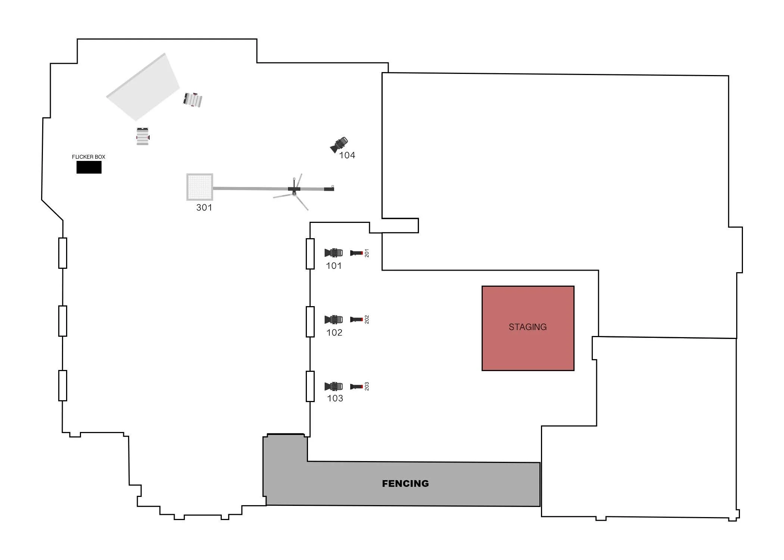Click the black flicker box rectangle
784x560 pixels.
click(x=89, y=167)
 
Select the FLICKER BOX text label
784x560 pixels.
click(x=88, y=157)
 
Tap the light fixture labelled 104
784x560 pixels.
click(x=339, y=144)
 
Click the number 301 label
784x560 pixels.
click(x=204, y=208)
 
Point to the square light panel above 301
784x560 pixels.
click(x=200, y=187)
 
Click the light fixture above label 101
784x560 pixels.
click(x=333, y=253)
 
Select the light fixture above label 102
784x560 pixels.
click(x=333, y=320)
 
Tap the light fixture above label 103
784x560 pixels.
click(x=333, y=386)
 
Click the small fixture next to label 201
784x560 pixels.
click(x=357, y=253)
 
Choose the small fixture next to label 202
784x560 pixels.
click(x=357, y=320)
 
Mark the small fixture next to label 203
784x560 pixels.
click(x=357, y=386)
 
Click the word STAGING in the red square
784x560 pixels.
click(x=528, y=327)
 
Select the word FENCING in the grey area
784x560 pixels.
click(x=405, y=483)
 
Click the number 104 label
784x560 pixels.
click(x=347, y=155)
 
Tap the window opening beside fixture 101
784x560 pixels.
click(x=310, y=254)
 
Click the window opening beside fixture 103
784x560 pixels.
click(x=310, y=386)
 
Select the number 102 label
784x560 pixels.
click(x=334, y=333)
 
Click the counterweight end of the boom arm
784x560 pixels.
click(x=329, y=189)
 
